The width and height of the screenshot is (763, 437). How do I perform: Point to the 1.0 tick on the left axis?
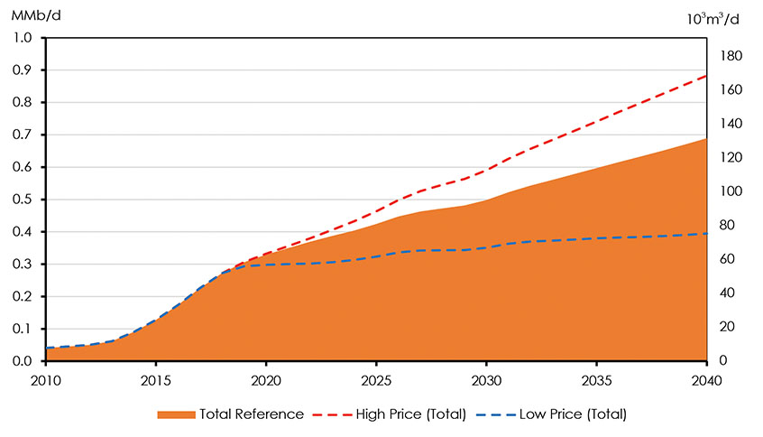22,38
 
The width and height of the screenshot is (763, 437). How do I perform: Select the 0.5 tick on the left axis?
22,200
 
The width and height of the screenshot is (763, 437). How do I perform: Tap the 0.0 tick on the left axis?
22,361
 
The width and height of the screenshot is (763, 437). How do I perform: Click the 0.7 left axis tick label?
22,135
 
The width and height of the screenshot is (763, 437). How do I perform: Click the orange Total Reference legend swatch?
177,414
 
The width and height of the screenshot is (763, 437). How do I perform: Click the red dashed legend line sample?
332,414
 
